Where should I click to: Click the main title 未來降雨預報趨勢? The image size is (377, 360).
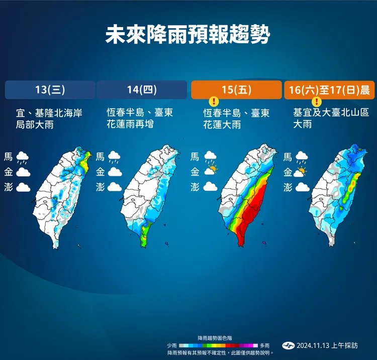(188, 36)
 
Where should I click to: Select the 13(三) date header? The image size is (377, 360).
(50, 90)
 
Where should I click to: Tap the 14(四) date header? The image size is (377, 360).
(142, 90)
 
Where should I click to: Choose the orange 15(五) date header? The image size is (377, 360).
(236, 90)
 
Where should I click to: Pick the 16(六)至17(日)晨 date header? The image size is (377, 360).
(329, 90)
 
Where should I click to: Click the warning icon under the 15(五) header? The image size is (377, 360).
(214, 102)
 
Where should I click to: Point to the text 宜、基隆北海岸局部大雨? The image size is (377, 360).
(49, 118)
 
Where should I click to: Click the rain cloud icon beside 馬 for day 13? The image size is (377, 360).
(23, 158)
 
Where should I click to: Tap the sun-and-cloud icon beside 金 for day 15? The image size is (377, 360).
(211, 172)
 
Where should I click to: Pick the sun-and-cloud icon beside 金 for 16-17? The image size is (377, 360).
(302, 172)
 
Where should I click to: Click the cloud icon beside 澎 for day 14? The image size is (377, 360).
(115, 187)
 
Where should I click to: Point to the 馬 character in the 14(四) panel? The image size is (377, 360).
(100, 157)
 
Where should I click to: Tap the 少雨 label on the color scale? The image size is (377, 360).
(172, 345)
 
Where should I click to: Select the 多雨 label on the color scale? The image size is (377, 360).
(264, 345)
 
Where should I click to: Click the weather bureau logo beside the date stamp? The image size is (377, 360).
(288, 345)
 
